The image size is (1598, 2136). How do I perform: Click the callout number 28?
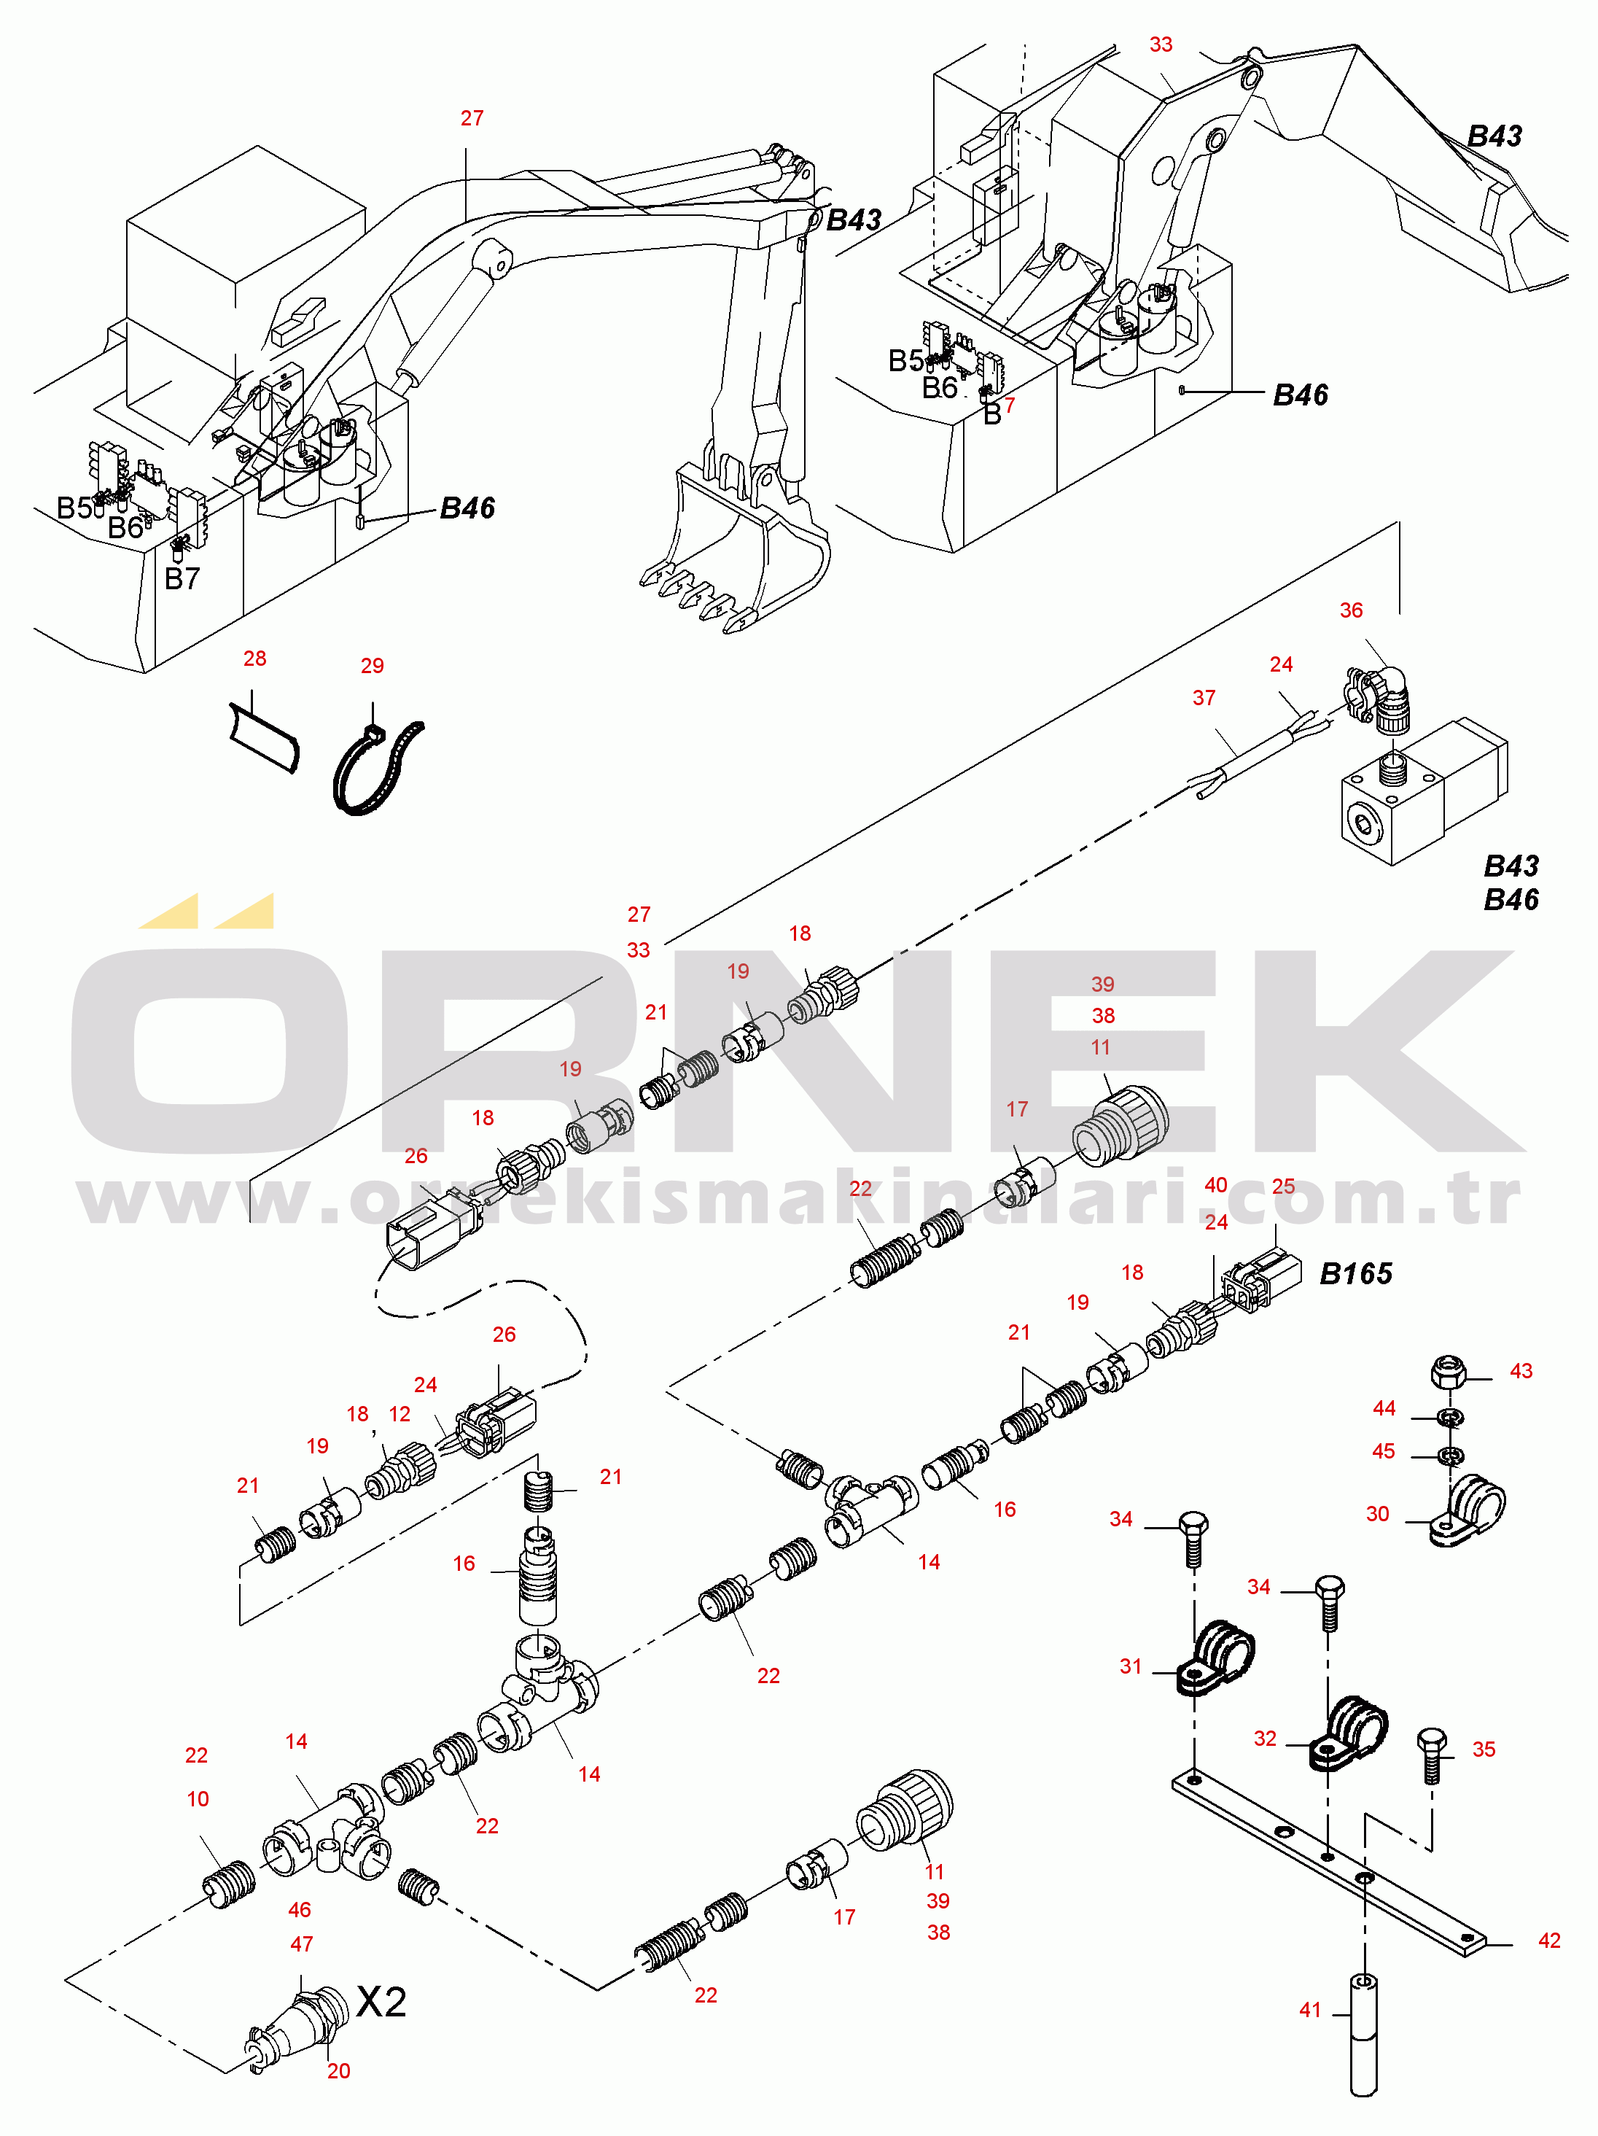click(255, 659)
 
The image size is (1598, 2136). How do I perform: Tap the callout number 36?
click(1351, 610)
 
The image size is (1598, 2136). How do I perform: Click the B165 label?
click(1356, 1274)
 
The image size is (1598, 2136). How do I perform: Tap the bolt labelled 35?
click(1432, 1755)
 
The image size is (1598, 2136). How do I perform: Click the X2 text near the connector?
click(381, 2003)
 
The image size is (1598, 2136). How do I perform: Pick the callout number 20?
click(338, 2071)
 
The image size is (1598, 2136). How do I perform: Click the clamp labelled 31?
click(1215, 1657)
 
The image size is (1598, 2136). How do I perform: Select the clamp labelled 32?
click(1348, 1733)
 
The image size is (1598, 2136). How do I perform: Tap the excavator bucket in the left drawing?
click(734, 551)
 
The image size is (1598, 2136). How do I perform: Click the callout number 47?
click(301, 1943)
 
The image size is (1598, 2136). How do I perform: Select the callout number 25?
click(1283, 1186)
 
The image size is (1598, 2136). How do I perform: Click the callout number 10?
click(198, 1799)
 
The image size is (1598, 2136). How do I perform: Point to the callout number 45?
click(1384, 1451)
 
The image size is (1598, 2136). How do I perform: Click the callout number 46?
click(300, 1910)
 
